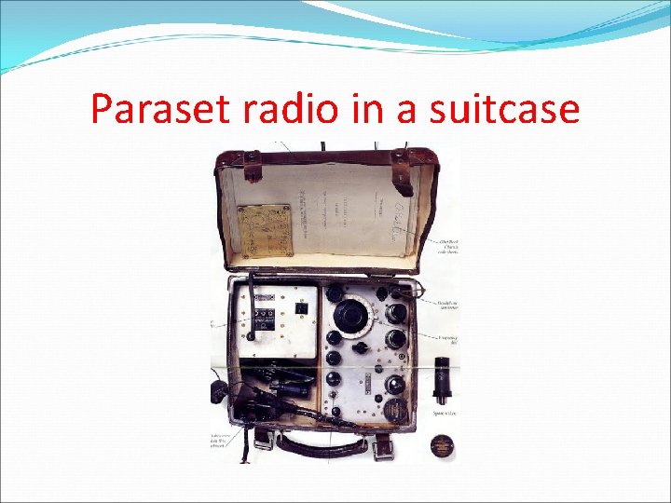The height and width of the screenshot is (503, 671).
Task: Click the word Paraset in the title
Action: pyautogui.click(x=160, y=110)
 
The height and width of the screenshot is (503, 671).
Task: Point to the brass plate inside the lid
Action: pyautogui.click(x=264, y=230)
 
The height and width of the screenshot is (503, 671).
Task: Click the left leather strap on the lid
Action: pyautogui.click(x=253, y=171)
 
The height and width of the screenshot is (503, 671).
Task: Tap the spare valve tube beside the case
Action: pyautogui.click(x=442, y=379)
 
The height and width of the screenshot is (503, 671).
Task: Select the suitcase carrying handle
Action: pyautogui.click(x=326, y=445)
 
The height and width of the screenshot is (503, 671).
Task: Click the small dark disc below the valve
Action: pyautogui.click(x=442, y=444)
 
